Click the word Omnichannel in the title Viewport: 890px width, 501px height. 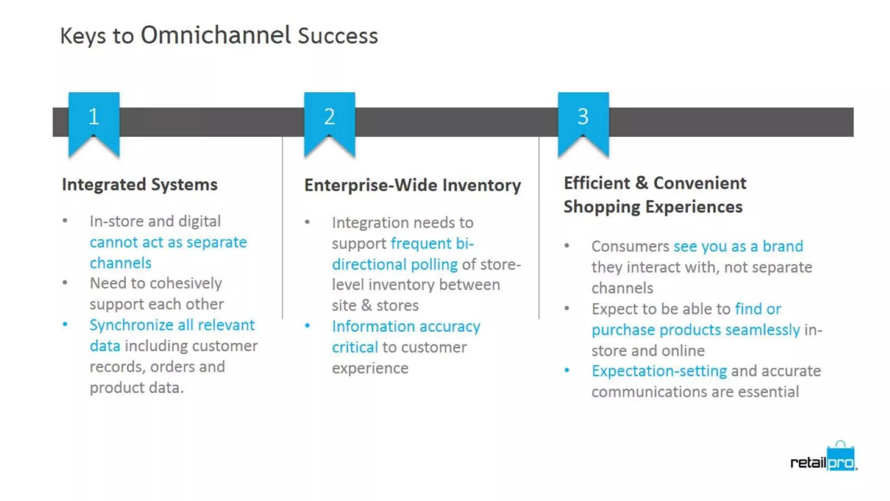[216, 35]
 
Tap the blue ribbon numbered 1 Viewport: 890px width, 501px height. [94, 122]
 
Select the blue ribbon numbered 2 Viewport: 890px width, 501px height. [329, 122]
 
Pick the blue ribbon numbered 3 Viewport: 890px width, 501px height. [583, 122]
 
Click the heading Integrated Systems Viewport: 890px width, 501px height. [139, 184]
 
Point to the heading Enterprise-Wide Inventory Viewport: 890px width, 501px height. [412, 185]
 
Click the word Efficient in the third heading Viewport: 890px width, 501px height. [597, 183]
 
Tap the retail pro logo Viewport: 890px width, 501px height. [823, 459]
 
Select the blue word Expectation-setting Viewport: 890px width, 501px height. [659, 371]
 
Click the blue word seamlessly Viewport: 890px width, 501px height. [762, 330]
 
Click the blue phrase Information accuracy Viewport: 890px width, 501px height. [406, 326]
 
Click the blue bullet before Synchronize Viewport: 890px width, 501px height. [65, 324]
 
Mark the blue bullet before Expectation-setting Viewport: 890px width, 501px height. [567, 370]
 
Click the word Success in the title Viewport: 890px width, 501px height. [338, 36]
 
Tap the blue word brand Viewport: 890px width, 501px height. [783, 246]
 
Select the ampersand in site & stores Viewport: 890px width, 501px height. [366, 305]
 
